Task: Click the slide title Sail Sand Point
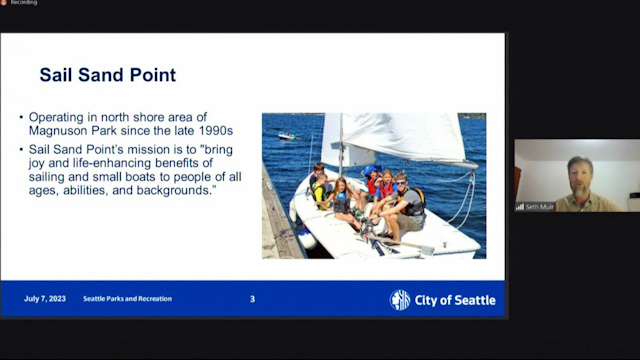coord(107,75)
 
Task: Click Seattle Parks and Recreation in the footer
coord(127,299)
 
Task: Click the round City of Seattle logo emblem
coord(400,300)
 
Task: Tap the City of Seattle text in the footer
coord(455,300)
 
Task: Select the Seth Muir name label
coord(541,207)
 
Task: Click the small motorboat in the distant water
coord(287,136)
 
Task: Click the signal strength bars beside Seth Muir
coord(520,207)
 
